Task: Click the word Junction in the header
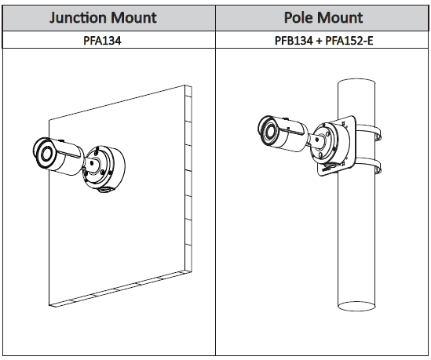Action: tap(78, 18)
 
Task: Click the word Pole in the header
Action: tap(298, 17)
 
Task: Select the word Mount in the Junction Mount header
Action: tap(134, 18)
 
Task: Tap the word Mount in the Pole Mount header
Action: tap(340, 17)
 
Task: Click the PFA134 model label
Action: tap(102, 41)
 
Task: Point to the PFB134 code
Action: tap(294, 41)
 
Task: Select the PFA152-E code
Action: tap(349, 41)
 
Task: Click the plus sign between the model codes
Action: tap(319, 41)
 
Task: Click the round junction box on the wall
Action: tap(104, 168)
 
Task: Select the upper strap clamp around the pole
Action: tap(369, 132)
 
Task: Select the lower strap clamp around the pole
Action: tap(368, 165)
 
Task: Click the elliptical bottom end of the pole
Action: tap(356, 306)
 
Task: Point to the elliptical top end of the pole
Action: tap(356, 82)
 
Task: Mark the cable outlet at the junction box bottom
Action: tap(104, 189)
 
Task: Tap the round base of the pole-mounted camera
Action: tap(331, 144)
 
